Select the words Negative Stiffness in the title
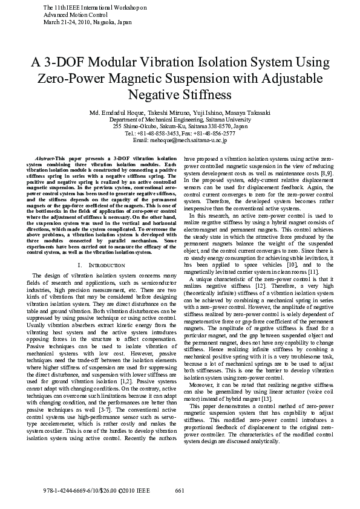click(x=180, y=96)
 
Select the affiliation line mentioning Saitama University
click(x=180, y=120)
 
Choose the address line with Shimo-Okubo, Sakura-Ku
click(x=180, y=126)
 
